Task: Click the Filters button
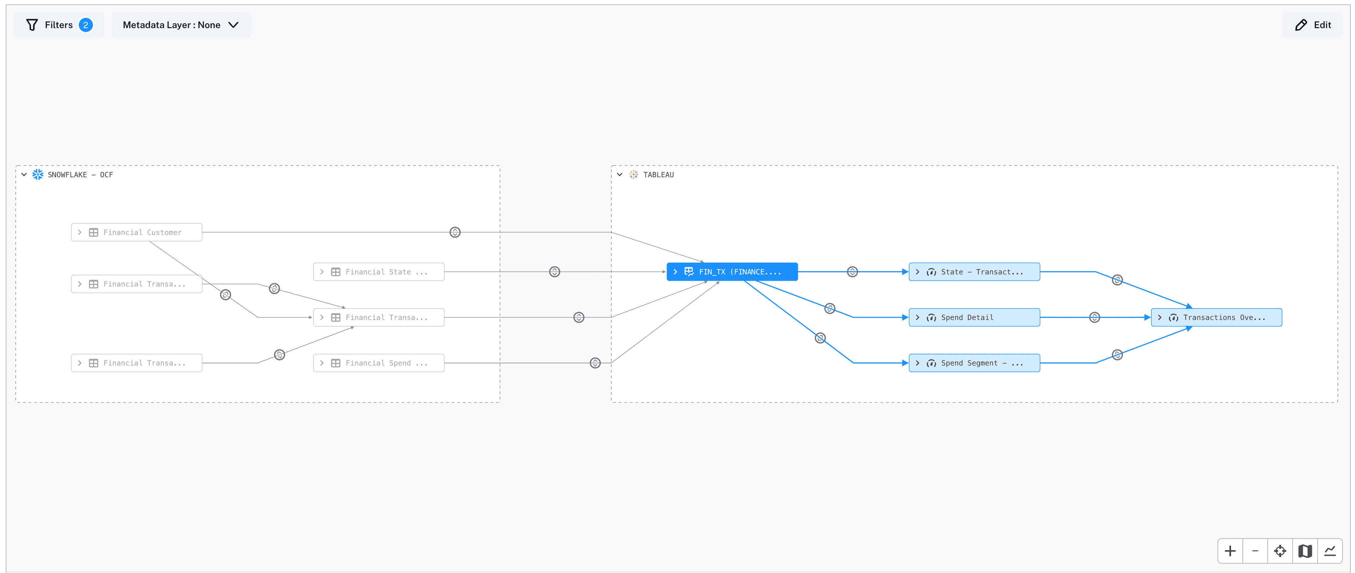[x=58, y=25]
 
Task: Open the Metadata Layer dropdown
[x=181, y=25]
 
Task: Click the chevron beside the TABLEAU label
[x=620, y=174]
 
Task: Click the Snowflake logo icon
[x=38, y=174]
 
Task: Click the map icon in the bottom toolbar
[x=1305, y=551]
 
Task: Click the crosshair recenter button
[x=1280, y=551]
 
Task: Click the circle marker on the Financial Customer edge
[x=455, y=232]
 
